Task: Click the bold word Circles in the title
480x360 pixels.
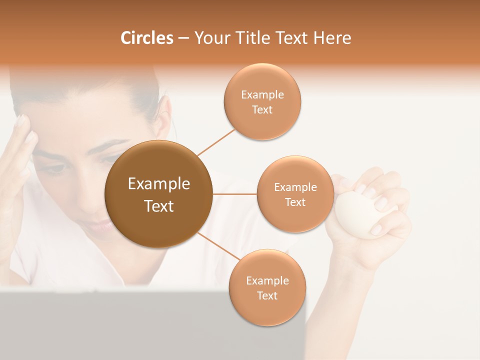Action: click(146, 38)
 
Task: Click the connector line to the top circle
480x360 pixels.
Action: click(216, 141)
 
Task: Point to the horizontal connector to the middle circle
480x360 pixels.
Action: click(234, 194)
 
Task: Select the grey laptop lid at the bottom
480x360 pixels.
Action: click(150, 325)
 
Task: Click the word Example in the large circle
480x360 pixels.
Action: click(158, 184)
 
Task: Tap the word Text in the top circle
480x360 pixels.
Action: click(262, 110)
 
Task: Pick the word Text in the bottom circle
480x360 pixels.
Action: click(267, 296)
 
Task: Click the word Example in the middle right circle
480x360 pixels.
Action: click(295, 187)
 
